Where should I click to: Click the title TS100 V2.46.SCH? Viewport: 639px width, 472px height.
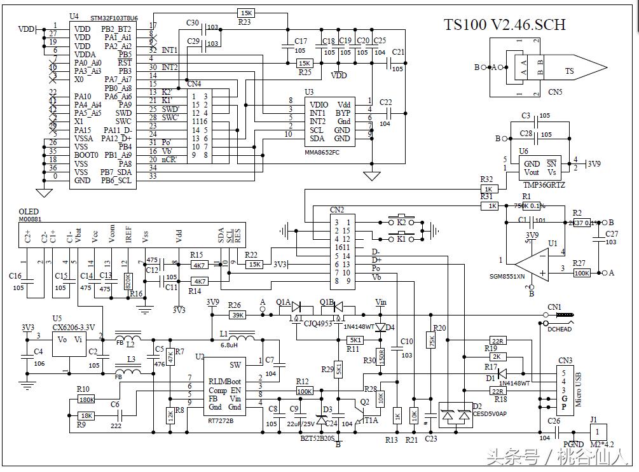coord(504,25)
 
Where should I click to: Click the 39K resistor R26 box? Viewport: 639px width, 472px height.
coord(237,314)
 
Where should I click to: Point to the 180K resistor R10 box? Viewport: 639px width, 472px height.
coord(86,399)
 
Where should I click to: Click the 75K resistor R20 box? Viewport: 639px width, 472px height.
coord(432,341)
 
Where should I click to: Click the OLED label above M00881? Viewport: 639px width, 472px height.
coord(28,212)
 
